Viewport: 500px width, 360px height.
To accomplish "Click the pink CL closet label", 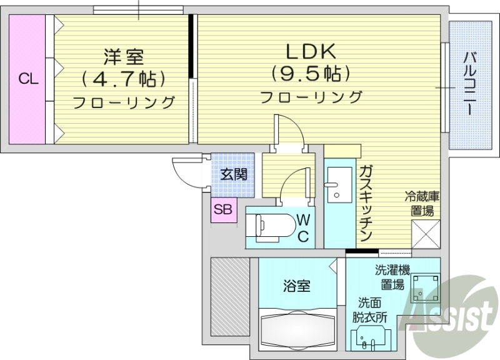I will (27, 79).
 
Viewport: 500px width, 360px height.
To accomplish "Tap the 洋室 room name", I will (123, 57).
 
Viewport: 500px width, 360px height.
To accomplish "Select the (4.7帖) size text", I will (123, 79).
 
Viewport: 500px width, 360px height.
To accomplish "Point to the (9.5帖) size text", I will (311, 74).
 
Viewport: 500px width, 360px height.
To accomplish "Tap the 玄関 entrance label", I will (232, 174).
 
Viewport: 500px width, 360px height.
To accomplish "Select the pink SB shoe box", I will (223, 210).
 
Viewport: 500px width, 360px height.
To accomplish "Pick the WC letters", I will (303, 227).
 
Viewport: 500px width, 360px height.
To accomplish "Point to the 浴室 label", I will (296, 286).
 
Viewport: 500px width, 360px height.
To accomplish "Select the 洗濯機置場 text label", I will (391, 277).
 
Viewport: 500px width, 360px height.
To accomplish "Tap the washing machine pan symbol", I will (425, 288).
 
